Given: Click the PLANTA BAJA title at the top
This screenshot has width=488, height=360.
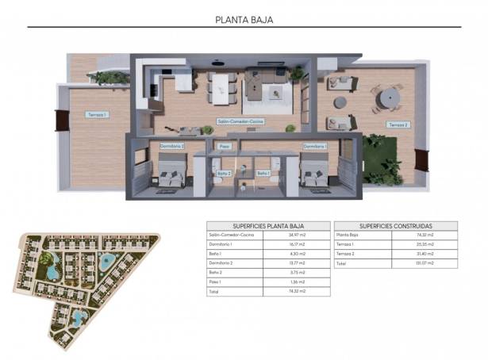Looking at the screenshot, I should point(244,19).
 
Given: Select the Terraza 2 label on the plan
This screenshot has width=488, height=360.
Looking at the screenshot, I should point(397,125).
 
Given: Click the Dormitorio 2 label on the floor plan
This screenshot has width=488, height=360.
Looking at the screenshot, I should point(171,146).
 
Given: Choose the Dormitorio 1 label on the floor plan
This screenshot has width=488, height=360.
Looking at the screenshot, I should point(315,146).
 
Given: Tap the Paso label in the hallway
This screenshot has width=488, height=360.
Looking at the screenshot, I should point(224,146).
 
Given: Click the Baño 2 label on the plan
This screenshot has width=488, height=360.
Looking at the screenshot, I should point(224,172).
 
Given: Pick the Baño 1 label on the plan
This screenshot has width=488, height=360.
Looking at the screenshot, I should point(263,172).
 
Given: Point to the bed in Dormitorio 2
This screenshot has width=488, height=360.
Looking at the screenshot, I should point(171,173).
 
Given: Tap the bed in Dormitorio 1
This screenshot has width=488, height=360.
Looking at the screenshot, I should point(315,173).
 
